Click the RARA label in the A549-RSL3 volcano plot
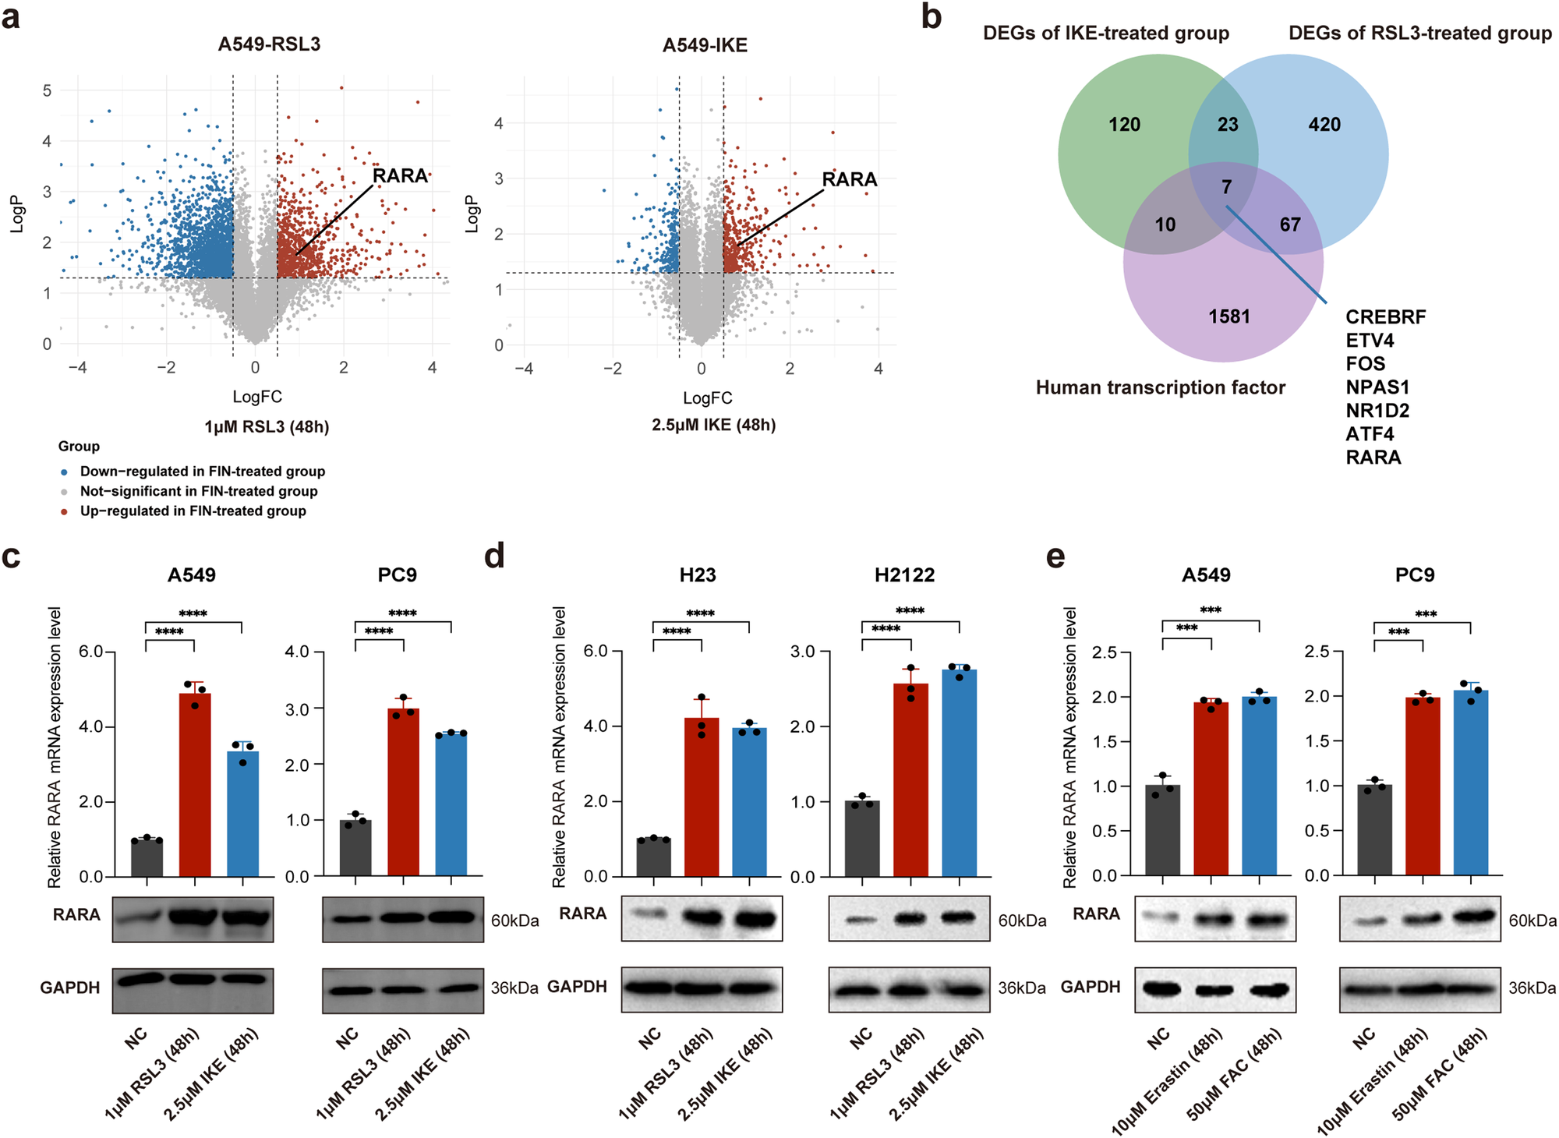[x=400, y=176]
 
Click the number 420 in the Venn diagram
[x=1324, y=125]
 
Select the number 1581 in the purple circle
[x=1229, y=316]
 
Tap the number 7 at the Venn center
[x=1227, y=187]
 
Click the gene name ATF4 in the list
[x=1370, y=434]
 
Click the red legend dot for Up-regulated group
[x=64, y=512]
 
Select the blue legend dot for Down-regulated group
[x=64, y=472]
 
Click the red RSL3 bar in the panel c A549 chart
[x=195, y=783]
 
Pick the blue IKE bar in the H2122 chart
[x=959, y=772]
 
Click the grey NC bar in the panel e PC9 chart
[x=1374, y=830]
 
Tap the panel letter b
[x=931, y=17]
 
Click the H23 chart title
[x=697, y=575]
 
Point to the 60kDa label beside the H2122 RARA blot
[x=1022, y=921]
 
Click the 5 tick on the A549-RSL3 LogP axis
[x=48, y=91]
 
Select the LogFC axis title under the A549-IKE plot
[x=707, y=398]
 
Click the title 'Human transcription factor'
[x=1160, y=388]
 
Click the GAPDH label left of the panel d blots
[x=577, y=987]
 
